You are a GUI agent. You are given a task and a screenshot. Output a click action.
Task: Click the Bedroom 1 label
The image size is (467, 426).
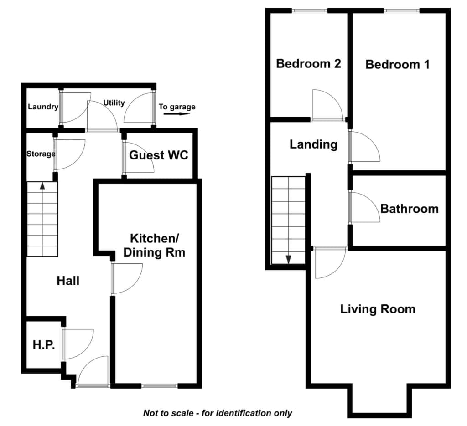[x=398, y=64]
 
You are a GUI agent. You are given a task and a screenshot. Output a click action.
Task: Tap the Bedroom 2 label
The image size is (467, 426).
[x=309, y=63]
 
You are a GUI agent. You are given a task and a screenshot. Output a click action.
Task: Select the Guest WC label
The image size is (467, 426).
[x=159, y=155]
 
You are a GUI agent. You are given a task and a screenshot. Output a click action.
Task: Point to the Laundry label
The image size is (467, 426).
[x=43, y=107]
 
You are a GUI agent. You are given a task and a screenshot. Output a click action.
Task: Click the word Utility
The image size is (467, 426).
[x=114, y=103]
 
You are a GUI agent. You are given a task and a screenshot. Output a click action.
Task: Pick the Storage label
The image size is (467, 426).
[x=41, y=154]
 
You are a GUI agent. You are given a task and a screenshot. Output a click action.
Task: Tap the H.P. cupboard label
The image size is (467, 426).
[x=44, y=345]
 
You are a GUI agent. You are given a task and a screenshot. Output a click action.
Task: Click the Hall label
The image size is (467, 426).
[x=68, y=281]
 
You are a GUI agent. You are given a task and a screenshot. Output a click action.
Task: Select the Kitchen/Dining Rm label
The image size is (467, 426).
[x=154, y=246]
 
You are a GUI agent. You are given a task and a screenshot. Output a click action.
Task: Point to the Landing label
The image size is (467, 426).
[x=314, y=144]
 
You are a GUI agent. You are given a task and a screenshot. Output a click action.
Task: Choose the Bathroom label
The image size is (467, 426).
[x=410, y=209]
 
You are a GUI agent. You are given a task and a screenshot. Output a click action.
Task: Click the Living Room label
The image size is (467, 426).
[x=378, y=309]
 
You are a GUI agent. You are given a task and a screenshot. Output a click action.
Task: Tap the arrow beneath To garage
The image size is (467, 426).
[x=177, y=114]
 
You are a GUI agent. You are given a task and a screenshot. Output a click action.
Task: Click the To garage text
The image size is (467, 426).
[x=177, y=107]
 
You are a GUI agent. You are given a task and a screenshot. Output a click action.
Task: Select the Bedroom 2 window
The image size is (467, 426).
[x=310, y=11]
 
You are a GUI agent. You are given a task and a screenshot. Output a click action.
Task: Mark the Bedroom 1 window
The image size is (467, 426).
[x=402, y=11]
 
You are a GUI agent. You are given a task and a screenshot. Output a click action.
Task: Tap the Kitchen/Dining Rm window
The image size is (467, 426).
[x=159, y=386]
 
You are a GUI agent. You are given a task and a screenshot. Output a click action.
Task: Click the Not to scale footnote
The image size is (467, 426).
[x=218, y=413]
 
